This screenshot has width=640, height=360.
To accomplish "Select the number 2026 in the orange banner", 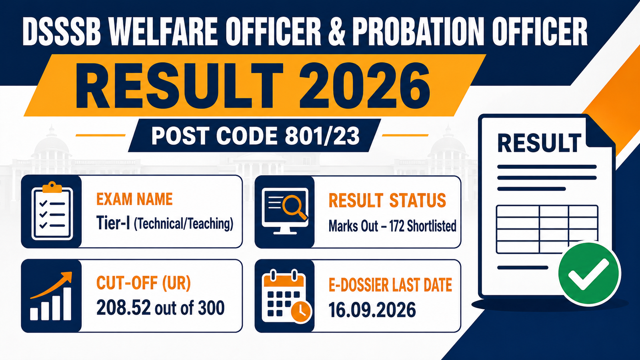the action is [364, 86].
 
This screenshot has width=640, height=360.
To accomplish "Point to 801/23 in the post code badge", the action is [322, 136].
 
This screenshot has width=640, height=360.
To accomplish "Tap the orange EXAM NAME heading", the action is [134, 199].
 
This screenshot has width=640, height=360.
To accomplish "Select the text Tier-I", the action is [114, 223].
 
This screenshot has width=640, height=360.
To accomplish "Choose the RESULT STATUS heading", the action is [388, 200].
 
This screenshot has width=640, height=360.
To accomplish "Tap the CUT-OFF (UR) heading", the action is [144, 284].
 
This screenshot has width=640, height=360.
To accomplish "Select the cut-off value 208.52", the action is [124, 308].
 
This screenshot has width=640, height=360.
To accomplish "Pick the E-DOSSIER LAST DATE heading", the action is [390, 285].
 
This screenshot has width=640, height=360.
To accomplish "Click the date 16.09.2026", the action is [372, 310].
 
